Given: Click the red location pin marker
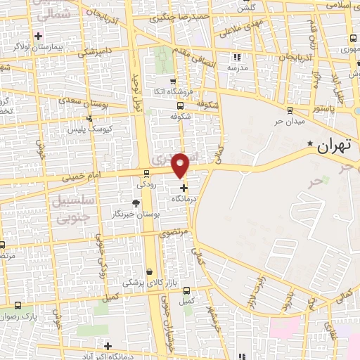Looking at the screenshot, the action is coord(181,165).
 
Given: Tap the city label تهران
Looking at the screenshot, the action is coord(334,146).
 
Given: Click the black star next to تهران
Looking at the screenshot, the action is coord(311,143).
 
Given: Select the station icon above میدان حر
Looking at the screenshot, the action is coord(290,109).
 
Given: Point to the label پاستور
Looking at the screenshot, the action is coord(328,108).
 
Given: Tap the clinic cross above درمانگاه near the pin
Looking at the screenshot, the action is coord(184,188).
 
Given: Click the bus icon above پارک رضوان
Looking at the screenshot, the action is coord(18,305).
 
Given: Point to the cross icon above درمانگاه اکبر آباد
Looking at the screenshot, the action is coord(108,345).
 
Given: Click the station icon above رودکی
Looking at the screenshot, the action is coord(146,174).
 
